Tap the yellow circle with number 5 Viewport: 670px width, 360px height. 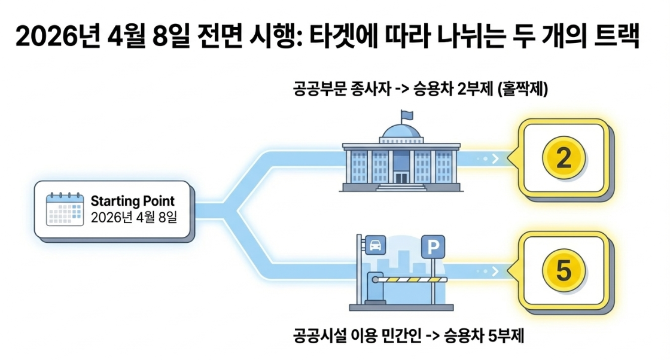click(563, 271)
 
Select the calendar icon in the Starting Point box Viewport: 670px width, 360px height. click(65, 209)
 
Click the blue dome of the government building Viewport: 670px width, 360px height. click(401, 132)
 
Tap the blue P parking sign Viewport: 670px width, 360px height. click(433, 246)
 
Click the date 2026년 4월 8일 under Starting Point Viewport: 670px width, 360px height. click(133, 217)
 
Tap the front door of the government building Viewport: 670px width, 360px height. click(400, 176)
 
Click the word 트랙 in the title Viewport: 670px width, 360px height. click(622, 38)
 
